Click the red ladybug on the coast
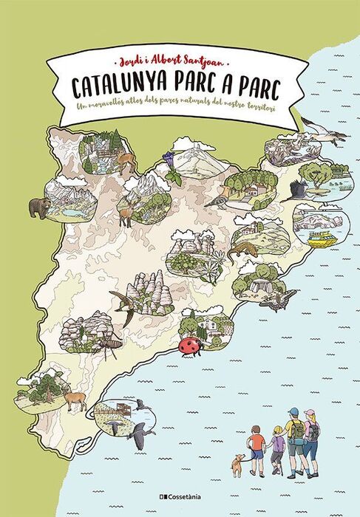coord(189,346)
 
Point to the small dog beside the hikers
coord(237,464)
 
